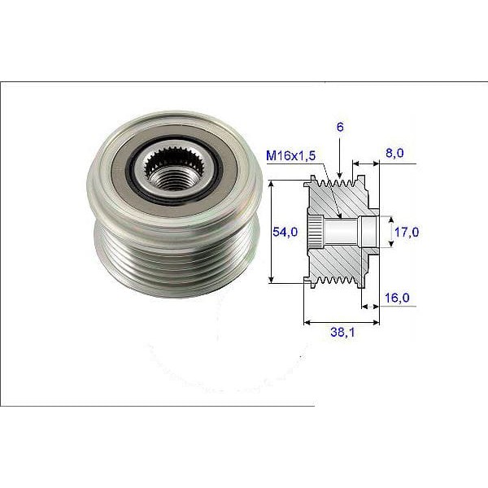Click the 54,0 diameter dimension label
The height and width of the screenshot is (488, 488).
284,232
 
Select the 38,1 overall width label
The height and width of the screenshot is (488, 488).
340,333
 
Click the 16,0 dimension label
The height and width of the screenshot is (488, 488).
396,298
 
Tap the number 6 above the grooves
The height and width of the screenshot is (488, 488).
339,128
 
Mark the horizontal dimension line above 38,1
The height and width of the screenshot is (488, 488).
340,321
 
